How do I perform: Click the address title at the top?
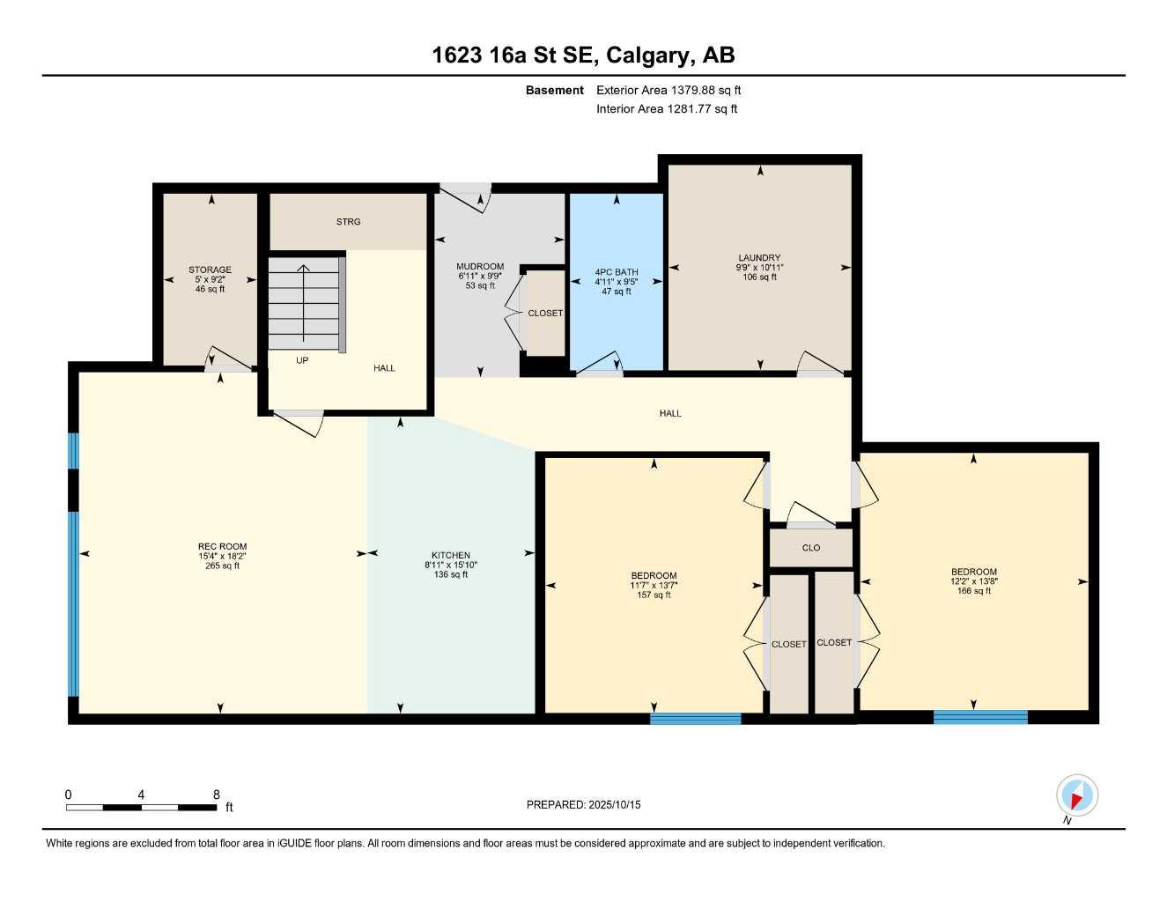click(583, 55)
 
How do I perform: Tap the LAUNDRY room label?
click(759, 258)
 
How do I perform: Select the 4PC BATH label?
click(617, 272)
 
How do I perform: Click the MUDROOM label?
click(480, 266)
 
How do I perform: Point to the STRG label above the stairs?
click(348, 222)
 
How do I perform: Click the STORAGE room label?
click(210, 270)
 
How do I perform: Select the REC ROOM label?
click(222, 546)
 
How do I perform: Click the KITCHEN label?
click(450, 555)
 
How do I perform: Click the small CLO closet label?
click(811, 548)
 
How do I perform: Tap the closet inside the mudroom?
click(545, 314)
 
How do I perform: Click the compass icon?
click(1076, 796)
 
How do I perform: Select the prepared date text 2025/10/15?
click(583, 804)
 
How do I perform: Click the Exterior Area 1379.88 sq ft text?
click(668, 90)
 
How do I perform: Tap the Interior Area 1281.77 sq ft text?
click(667, 109)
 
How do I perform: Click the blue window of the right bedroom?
click(980, 717)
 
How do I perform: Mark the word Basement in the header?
click(554, 90)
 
